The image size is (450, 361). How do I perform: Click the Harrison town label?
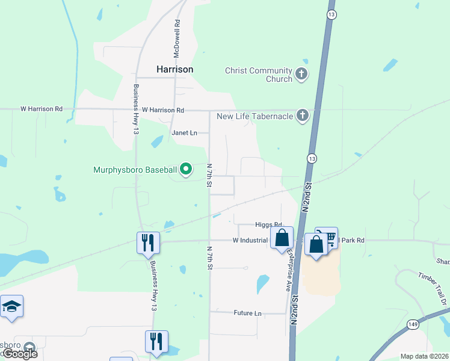coord(175,69)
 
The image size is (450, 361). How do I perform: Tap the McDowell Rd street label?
coord(177,39)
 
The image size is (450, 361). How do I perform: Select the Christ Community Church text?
coord(258,75)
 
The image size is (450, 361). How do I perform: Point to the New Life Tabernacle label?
coord(254,116)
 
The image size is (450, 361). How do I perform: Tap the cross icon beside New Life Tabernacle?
coord(302,116)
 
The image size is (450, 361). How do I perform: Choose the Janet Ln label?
coord(184,132)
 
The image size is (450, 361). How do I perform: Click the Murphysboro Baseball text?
coord(135,170)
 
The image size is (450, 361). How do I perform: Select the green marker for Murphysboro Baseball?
coord(186,170)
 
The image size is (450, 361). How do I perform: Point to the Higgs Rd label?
coord(268,225)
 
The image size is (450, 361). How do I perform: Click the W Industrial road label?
coord(250,241)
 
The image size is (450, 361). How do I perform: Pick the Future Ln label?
coord(248,313)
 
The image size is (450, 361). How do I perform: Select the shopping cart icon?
coord(327,236)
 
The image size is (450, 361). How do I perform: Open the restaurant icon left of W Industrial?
coord(148,242)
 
